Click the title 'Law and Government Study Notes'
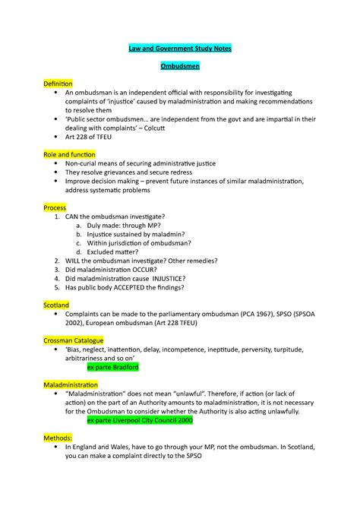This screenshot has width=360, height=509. pyautogui.click(x=179, y=49)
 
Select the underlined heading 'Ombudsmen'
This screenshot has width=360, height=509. pyautogui.click(x=179, y=67)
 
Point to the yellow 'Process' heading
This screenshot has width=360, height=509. pyautogui.click(x=55, y=207)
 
